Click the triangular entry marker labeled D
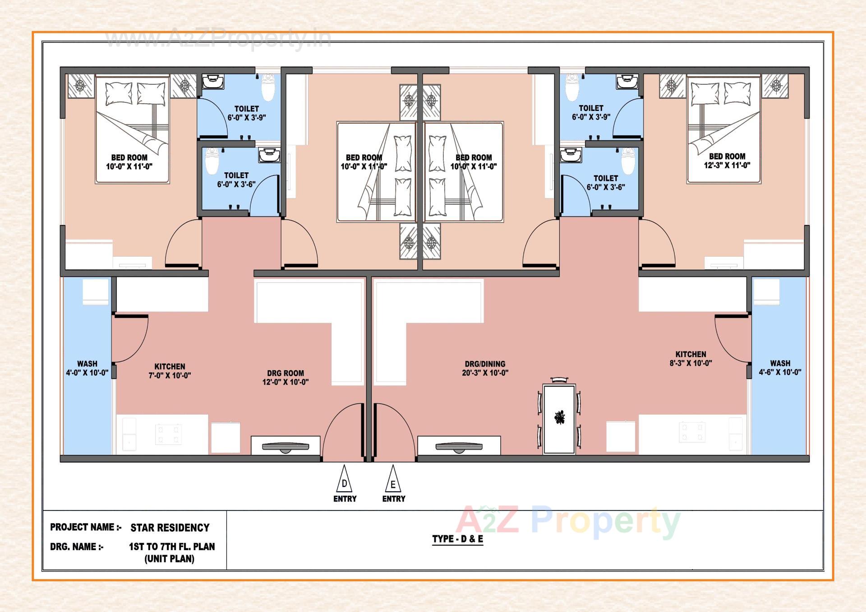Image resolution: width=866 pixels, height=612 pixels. [344, 480]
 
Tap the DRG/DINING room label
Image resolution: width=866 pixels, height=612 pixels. [485, 368]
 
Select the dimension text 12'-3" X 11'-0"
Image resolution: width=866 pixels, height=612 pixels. [727, 166]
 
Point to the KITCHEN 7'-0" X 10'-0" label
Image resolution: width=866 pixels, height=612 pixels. [170, 371]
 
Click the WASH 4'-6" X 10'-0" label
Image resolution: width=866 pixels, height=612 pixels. [780, 368]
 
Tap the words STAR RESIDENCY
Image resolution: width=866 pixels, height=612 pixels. [170, 528]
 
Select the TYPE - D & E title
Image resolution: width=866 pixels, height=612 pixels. [457, 539]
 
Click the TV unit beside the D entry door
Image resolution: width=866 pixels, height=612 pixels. [285, 446]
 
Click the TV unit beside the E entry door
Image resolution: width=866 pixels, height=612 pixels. [459, 446]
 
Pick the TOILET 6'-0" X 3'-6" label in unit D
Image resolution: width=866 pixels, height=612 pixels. [236, 179]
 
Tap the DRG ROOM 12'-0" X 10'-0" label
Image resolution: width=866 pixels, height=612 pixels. [285, 377]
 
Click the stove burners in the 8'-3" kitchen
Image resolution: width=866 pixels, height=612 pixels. [692, 432]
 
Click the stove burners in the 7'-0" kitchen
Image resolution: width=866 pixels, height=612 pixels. [168, 434]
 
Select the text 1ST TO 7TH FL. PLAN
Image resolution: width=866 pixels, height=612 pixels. [172, 547]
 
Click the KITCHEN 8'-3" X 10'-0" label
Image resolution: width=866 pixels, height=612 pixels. [691, 359]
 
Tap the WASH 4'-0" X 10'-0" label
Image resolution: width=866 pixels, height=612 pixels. [87, 368]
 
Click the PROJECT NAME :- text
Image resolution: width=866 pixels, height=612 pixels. [86, 527]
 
